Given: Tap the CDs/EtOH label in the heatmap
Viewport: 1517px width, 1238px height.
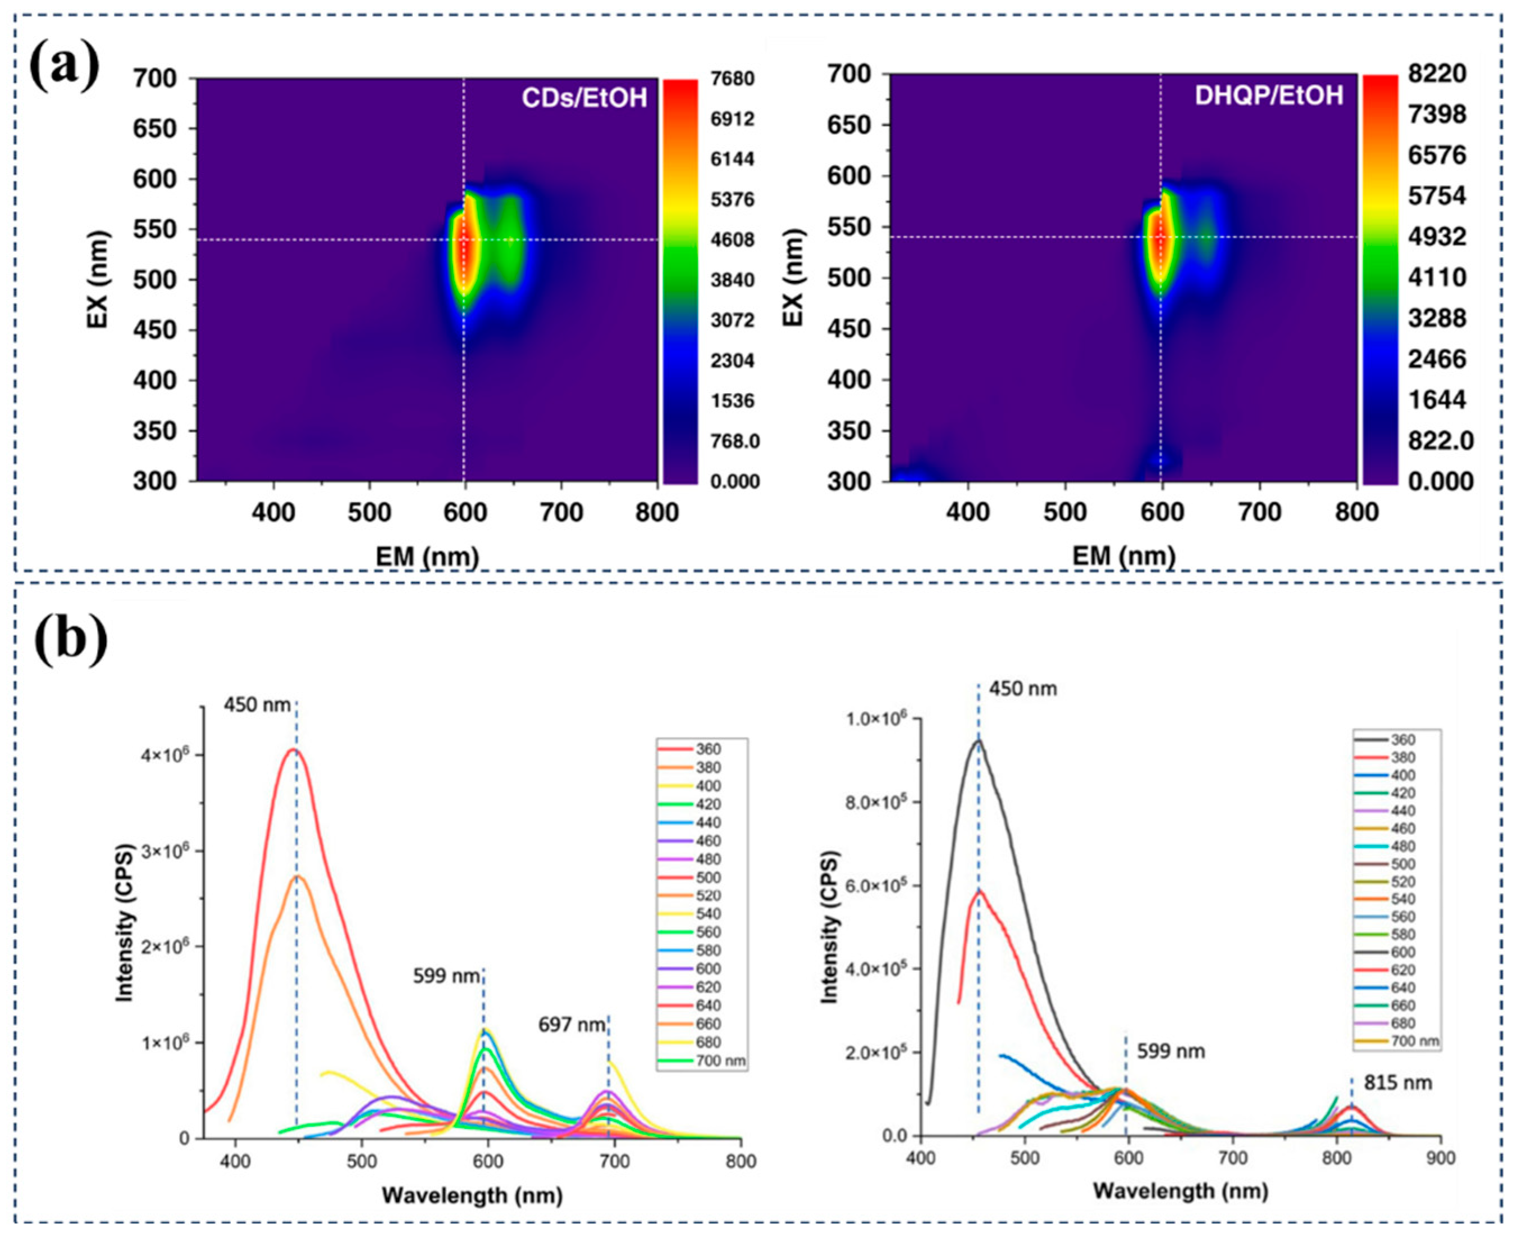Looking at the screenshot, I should (584, 98).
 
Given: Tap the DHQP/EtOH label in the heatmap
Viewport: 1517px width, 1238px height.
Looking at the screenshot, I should (1269, 95).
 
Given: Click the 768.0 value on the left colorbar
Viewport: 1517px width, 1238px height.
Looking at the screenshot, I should (734, 442).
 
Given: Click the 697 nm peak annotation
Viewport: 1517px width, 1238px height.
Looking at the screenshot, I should (572, 1025).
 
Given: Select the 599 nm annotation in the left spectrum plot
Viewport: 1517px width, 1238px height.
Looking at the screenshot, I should (446, 976).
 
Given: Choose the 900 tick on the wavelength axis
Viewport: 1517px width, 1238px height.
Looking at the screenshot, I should (1440, 1159).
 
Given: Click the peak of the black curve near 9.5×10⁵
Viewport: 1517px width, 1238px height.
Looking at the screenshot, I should (978, 740).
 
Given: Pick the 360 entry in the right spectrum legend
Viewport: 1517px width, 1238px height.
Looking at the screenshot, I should (1403, 740).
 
